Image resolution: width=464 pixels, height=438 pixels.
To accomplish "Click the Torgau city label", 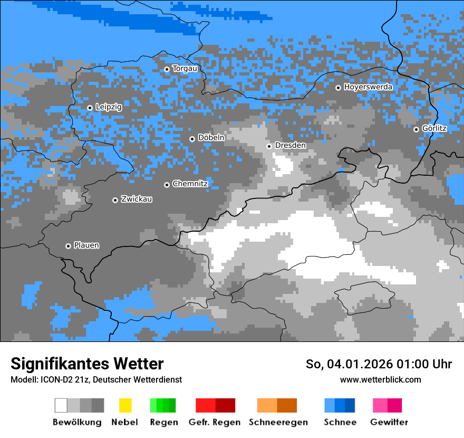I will (185, 69).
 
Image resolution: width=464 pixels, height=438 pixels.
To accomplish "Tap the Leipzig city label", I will (109, 107).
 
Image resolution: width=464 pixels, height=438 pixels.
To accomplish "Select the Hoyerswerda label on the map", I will (368, 87).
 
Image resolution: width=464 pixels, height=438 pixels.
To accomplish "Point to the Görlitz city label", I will (434, 129).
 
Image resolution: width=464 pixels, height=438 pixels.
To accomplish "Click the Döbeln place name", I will (211, 138).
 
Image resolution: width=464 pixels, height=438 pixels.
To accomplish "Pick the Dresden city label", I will (290, 146).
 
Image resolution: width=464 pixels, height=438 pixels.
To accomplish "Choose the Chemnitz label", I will (190, 184).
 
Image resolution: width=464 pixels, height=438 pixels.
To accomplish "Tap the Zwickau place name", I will (137, 199).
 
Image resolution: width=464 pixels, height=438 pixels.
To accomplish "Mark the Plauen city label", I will (86, 245).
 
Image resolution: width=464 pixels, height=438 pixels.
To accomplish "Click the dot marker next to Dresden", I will (269, 146).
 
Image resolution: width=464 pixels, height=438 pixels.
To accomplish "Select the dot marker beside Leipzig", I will (90, 108).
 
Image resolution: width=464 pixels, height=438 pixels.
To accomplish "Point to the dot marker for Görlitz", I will (416, 129).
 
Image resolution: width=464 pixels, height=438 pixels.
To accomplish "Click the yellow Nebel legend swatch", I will (125, 405).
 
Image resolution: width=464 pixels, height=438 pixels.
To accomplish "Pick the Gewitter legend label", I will (389, 422).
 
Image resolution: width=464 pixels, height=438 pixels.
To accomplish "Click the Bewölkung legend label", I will (77, 422).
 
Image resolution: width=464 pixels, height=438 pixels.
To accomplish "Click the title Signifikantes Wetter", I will (87, 364).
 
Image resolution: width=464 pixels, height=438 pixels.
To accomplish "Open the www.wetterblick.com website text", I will (380, 379).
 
